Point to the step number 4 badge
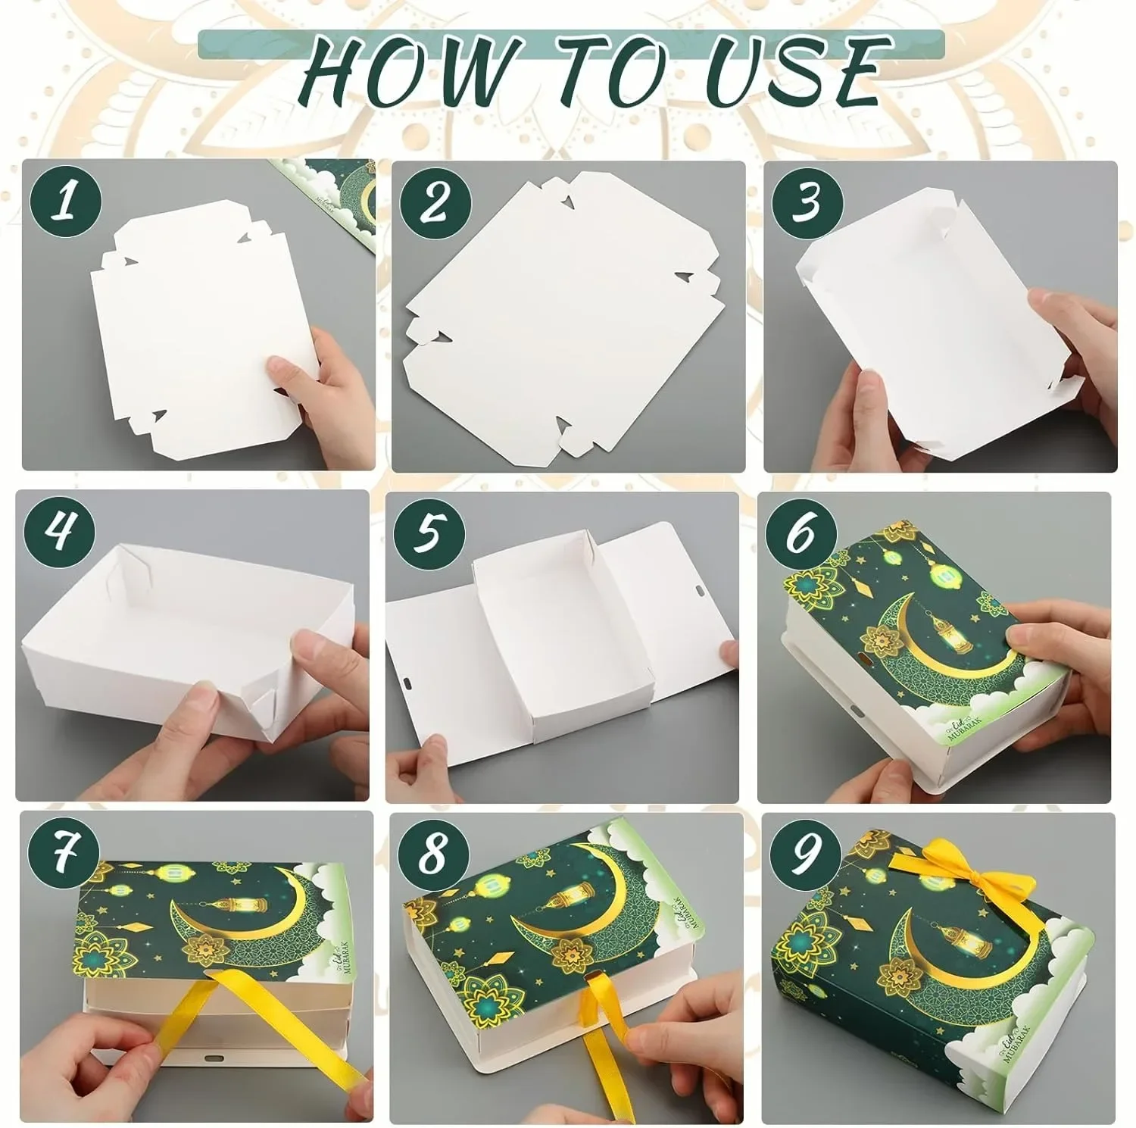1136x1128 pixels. point(61,530)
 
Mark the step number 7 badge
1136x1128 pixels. point(64,855)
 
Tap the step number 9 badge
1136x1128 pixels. point(804,855)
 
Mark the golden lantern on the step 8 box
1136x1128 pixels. point(563,901)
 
